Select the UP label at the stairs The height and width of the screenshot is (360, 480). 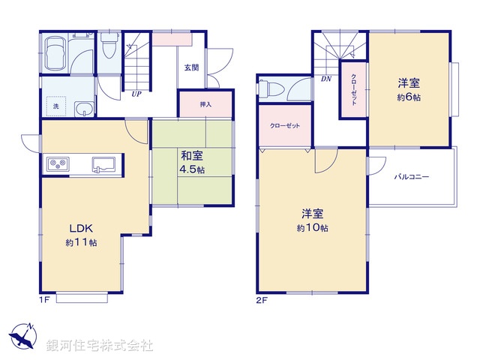point(136,94)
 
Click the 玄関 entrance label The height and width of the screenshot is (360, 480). point(191,67)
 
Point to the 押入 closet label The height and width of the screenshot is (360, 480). point(205,104)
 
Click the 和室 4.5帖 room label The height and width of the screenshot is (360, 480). point(192,162)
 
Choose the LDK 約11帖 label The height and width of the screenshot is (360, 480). point(82,234)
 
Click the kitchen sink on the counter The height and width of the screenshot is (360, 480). point(103,163)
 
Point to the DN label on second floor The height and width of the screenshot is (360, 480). point(326,79)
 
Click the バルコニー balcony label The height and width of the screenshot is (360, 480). point(412,177)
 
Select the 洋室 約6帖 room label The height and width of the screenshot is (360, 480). point(409,91)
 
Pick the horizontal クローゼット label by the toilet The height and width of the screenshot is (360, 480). point(285,125)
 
